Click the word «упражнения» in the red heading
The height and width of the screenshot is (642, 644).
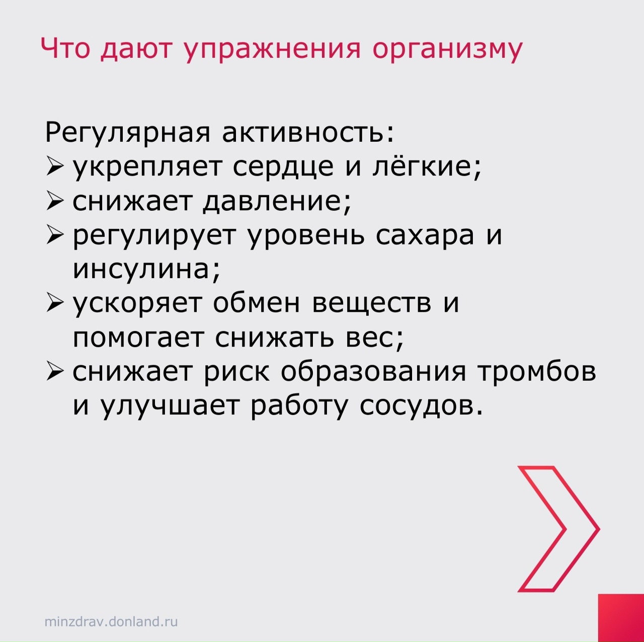pyautogui.click(x=272, y=50)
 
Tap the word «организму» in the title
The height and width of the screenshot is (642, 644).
pyautogui.click(x=447, y=50)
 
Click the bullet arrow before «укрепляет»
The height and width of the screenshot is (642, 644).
pyautogui.click(x=55, y=167)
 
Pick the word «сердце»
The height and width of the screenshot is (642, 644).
pyautogui.click(x=283, y=168)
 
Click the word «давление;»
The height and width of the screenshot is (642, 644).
pyautogui.click(x=277, y=202)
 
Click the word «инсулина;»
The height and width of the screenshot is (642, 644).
pyautogui.click(x=147, y=270)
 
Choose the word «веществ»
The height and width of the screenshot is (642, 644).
pyautogui.click(x=371, y=304)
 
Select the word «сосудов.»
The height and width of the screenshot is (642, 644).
pyautogui.click(x=422, y=407)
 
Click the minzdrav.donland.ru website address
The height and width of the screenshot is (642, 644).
pyautogui.click(x=111, y=622)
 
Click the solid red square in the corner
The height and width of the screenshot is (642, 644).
pyautogui.click(x=621, y=618)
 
